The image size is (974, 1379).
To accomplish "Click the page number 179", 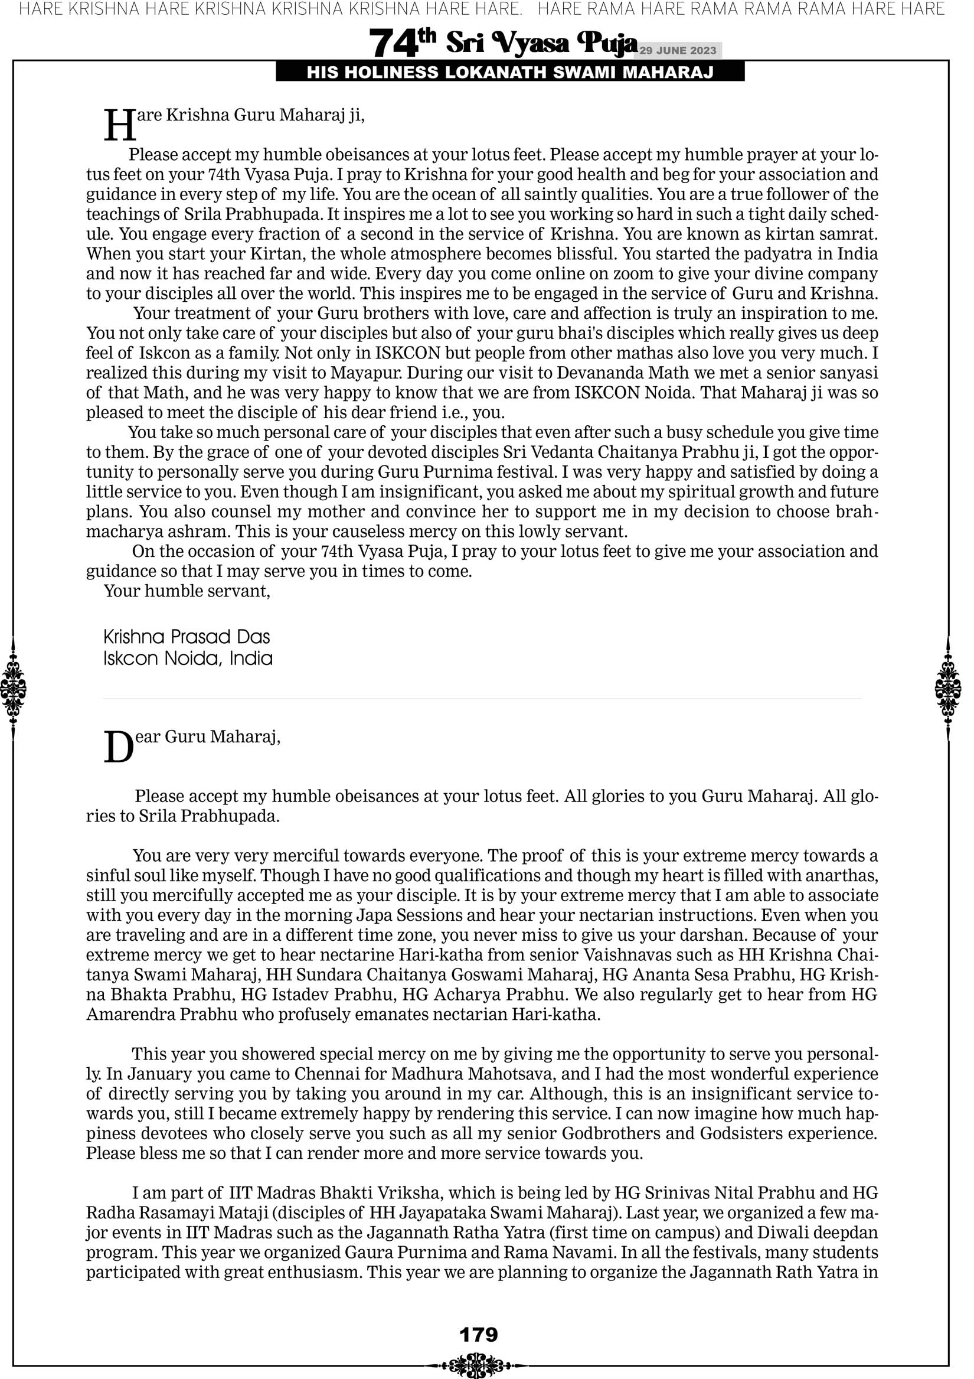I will pyautogui.click(x=478, y=1335).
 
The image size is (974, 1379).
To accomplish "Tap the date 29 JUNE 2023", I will pyautogui.click(x=677, y=50).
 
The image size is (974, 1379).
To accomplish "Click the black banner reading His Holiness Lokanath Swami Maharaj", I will pyautogui.click(x=510, y=73).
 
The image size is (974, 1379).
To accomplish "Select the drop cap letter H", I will pyautogui.click(x=119, y=126).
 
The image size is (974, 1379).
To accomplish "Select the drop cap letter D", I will pyautogui.click(x=118, y=748).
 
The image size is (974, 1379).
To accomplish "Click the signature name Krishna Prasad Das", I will pyautogui.click(x=187, y=637).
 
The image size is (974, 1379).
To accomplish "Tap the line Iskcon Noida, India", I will pyautogui.click(x=187, y=659).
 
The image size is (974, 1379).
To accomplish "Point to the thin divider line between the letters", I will pyautogui.click(x=482, y=699).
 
